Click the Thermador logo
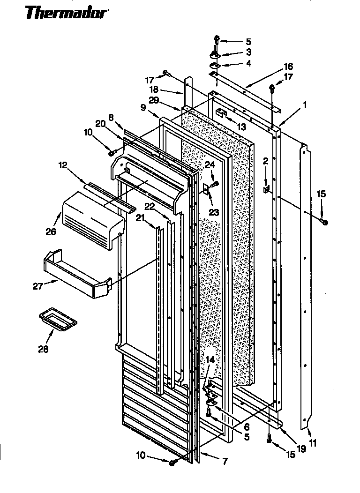point(66,13)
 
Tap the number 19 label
point(301,448)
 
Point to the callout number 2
point(265,161)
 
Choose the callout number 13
point(241,127)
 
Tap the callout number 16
point(288,66)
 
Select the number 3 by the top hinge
point(248,52)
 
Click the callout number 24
point(210,164)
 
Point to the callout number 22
point(150,206)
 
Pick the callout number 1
point(305,106)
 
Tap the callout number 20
point(100,124)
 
